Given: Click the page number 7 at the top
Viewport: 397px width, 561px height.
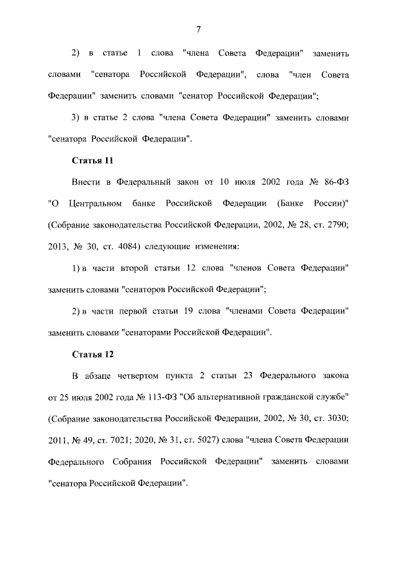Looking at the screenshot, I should pos(198,29).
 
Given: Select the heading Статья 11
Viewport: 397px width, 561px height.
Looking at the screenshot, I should pos(92,161).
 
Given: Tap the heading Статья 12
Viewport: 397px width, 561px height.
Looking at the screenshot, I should pos(92,354).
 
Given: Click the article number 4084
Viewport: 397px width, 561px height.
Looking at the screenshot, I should pos(124,246).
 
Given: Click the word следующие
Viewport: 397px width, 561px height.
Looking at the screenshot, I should pos(167,246).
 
